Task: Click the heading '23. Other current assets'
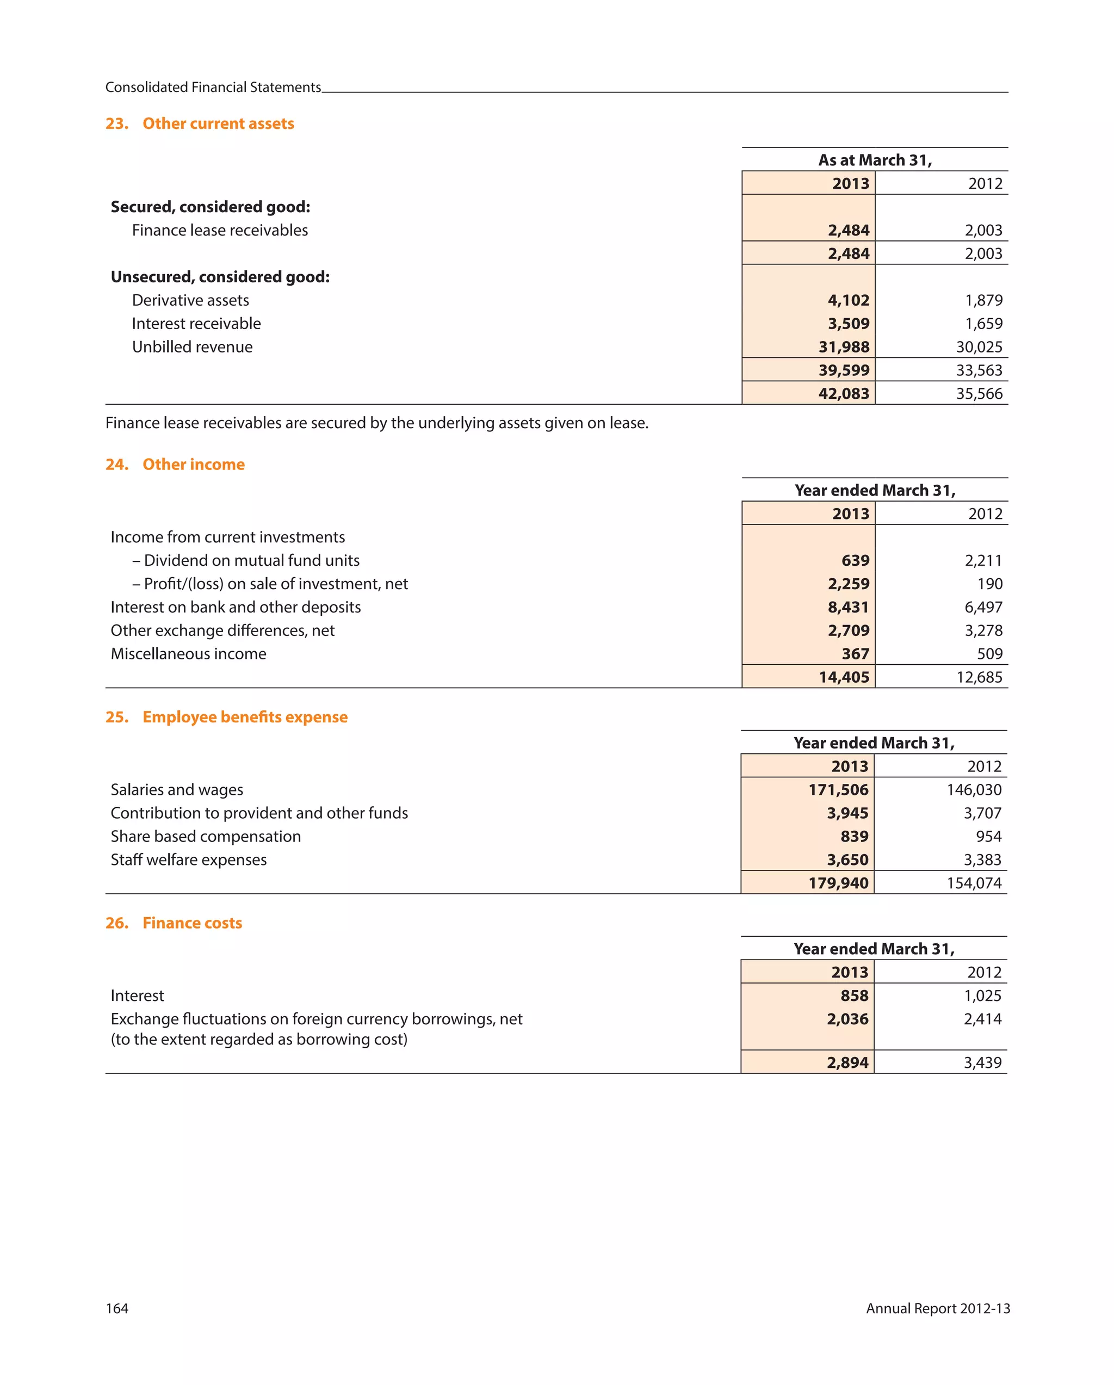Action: (x=199, y=123)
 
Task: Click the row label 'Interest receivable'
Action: (x=196, y=324)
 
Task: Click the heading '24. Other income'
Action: (x=175, y=465)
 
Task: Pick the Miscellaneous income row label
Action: (x=188, y=654)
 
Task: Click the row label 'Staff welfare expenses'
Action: (x=188, y=860)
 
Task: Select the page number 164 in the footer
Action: (x=117, y=1308)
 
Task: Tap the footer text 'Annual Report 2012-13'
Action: (x=937, y=1308)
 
